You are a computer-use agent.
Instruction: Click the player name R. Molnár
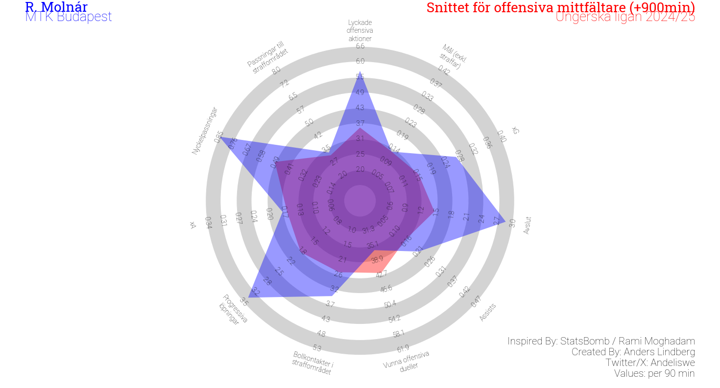pyautogui.click(x=56, y=7)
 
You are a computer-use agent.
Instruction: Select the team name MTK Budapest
pyautogui.click(x=69, y=17)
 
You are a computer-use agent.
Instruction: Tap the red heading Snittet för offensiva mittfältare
pyautogui.click(x=560, y=7)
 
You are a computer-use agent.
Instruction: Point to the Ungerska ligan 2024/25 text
pyautogui.click(x=625, y=17)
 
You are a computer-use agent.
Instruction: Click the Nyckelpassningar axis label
pyautogui.click(x=204, y=131)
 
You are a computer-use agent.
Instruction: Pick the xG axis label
pyautogui.click(x=515, y=130)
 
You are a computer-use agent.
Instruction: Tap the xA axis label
pyautogui.click(x=193, y=225)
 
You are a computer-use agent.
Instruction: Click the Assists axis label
pyautogui.click(x=487, y=312)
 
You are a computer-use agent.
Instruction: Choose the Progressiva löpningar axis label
pyautogui.click(x=233, y=309)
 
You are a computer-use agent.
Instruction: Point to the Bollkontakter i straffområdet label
pyautogui.click(x=312, y=363)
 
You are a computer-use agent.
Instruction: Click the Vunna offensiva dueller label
pyautogui.click(x=407, y=361)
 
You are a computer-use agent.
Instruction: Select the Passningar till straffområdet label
pyautogui.click(x=267, y=57)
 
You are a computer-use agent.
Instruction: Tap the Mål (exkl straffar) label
pyautogui.click(x=453, y=56)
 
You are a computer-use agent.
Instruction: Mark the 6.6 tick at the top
pyautogui.click(x=360, y=46)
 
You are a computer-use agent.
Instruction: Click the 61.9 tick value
pyautogui.click(x=403, y=349)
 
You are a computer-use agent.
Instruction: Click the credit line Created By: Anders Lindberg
pyautogui.click(x=633, y=352)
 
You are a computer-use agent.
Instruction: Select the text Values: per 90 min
pyautogui.click(x=654, y=373)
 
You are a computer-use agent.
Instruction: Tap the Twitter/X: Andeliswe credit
pyautogui.click(x=650, y=363)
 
